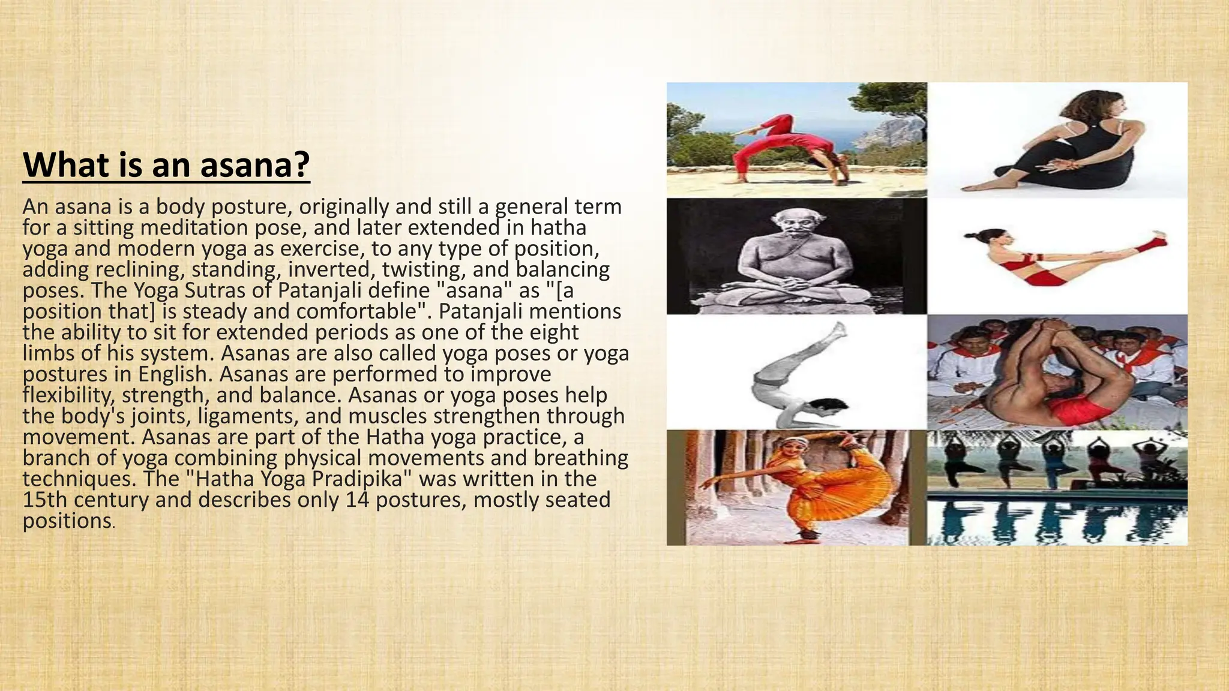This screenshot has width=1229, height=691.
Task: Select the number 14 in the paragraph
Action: point(358,500)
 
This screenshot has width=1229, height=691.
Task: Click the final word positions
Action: point(67,521)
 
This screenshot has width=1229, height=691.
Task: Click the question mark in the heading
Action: point(302,165)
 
